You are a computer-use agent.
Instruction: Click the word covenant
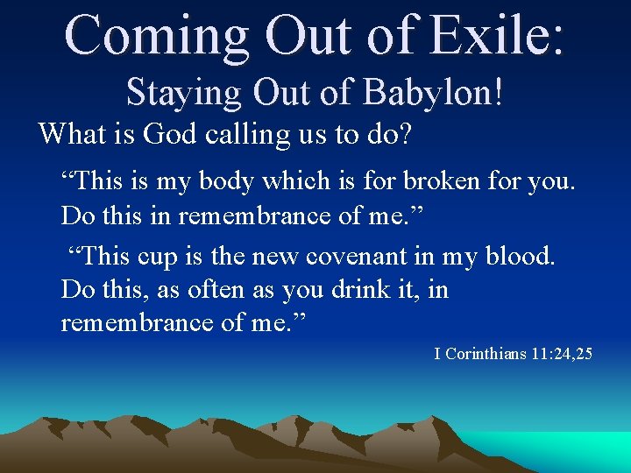pyautogui.click(x=350, y=258)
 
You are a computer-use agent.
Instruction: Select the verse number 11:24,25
pyautogui.click(x=562, y=355)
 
